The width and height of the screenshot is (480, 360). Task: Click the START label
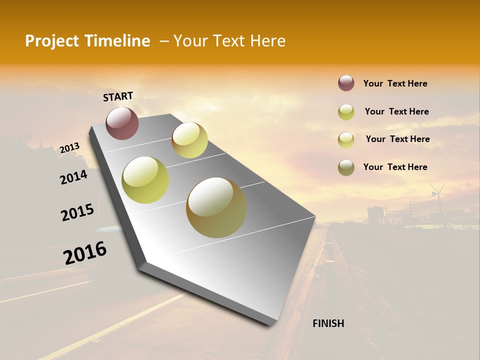(118, 96)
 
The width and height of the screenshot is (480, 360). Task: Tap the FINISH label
(328, 323)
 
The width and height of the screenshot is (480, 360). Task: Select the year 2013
(69, 148)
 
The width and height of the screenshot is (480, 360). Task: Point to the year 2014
(73, 177)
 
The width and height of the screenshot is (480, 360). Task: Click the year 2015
(77, 212)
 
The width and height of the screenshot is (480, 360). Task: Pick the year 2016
(85, 253)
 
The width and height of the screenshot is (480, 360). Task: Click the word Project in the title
(52, 41)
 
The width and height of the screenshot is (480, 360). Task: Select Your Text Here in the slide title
(229, 41)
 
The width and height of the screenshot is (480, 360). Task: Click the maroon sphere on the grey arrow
(122, 123)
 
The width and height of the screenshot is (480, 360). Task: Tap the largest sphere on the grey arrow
(216, 207)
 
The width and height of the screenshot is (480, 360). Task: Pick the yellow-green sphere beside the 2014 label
(145, 180)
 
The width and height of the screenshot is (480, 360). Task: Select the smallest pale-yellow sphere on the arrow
(189, 140)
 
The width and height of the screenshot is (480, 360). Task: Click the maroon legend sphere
(346, 83)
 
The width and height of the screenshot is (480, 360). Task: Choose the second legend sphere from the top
(346, 112)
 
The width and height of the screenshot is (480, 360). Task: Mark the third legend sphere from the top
(346, 139)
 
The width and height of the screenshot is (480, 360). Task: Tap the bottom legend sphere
(346, 167)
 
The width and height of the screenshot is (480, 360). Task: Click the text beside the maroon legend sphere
(395, 83)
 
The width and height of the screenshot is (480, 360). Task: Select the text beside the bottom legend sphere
(395, 167)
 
